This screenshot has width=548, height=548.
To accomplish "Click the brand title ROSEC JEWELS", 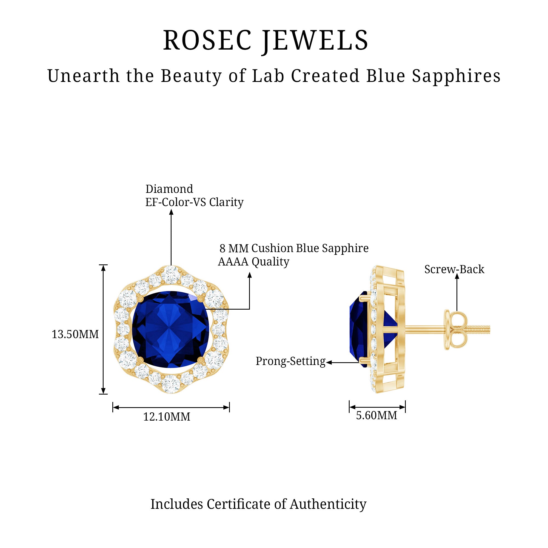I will click(266, 41).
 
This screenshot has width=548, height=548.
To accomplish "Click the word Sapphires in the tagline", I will click(456, 76).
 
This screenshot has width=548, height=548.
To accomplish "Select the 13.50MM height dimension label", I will click(75, 334).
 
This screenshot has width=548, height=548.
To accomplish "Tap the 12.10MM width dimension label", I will click(167, 417).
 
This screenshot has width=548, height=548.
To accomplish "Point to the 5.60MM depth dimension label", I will click(376, 415).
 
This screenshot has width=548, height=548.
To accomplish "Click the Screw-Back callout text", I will click(454, 269).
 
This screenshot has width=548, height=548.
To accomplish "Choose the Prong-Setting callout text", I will click(290, 361).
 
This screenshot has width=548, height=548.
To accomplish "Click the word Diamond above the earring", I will click(169, 189).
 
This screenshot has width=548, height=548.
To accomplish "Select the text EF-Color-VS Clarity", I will click(194, 202).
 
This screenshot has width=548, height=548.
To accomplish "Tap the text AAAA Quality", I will click(253, 261).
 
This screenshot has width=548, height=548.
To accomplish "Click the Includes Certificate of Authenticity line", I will click(258, 504).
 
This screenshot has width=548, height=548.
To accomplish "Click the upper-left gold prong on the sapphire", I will click(140, 298).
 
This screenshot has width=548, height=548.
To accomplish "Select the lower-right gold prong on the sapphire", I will click(201, 360).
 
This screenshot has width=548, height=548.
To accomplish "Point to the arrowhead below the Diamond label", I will click(171, 212).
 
